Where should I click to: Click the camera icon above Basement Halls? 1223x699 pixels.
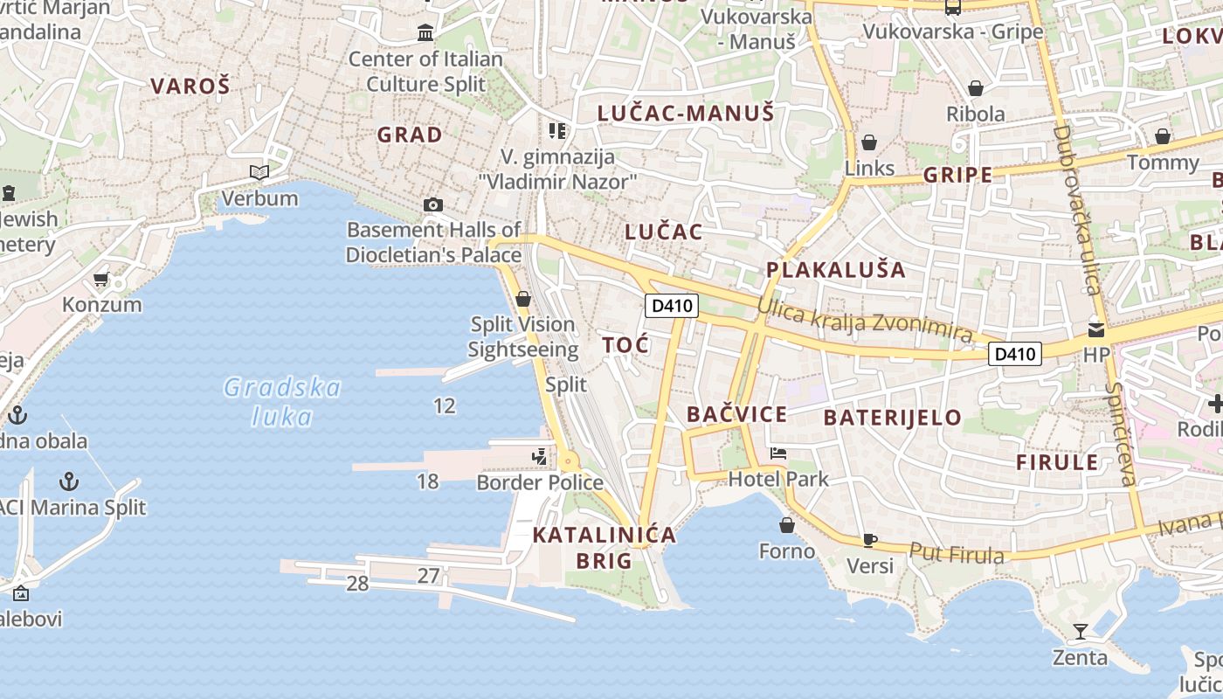[x=432, y=205]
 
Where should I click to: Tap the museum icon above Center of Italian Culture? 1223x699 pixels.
[x=425, y=33]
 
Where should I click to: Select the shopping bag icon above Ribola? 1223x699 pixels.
[x=976, y=88]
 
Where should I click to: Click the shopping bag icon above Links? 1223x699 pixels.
[x=869, y=142]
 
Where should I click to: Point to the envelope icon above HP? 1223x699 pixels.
[x=1095, y=330]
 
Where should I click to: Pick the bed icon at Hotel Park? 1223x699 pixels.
[x=778, y=453]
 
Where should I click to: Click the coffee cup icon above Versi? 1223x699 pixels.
[x=869, y=540]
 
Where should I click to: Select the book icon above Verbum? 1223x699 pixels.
[x=259, y=172]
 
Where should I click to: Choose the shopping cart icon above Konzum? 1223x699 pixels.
[x=101, y=280]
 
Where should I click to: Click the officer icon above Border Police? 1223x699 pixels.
[x=540, y=456]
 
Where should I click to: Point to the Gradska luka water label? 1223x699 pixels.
[x=281, y=402]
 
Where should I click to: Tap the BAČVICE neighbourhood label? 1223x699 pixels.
[x=736, y=415]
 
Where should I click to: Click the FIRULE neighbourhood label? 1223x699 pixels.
[x=1056, y=462]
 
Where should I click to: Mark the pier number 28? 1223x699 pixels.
[x=357, y=584]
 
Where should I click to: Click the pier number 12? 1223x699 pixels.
[x=445, y=405]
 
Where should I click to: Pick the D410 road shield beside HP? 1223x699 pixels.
[x=1015, y=354]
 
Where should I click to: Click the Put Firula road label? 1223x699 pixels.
[x=957, y=554]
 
